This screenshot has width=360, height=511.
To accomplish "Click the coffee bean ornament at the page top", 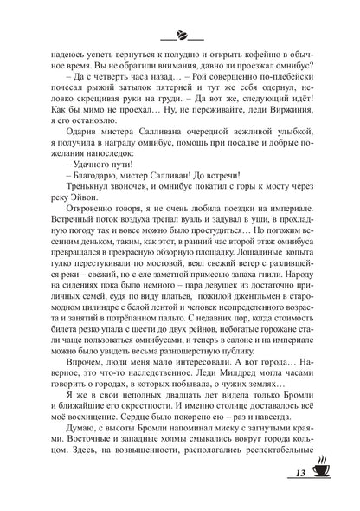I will [180, 36].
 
